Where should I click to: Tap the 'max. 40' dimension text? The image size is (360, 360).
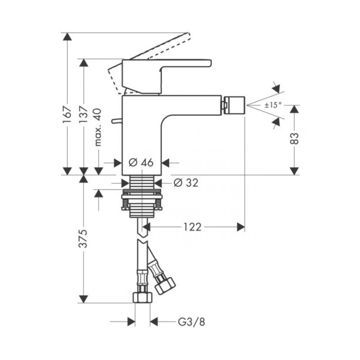tap(98, 127)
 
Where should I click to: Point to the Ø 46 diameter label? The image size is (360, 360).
tap(141, 163)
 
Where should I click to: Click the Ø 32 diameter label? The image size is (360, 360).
tap(186, 183)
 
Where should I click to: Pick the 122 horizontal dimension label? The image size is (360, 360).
tap(192, 227)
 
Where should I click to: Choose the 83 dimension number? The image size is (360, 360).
tap(295, 138)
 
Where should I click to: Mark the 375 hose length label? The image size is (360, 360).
tap(83, 238)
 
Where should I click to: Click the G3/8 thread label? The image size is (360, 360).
tap(191, 321)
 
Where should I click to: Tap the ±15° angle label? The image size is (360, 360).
tap(273, 105)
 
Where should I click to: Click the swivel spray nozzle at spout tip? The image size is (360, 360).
tap(233, 105)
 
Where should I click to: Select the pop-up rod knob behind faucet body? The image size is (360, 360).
tap(117, 121)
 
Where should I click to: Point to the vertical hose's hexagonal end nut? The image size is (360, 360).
tap(142, 297)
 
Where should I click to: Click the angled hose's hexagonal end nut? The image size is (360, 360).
tap(165, 285)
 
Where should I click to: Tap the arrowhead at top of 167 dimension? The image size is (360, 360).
tap(67, 37)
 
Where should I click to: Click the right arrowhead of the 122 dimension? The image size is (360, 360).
tap(241, 227)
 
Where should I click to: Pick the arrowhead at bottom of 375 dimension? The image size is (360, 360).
tap(83, 299)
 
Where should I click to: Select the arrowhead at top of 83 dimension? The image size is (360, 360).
tap(295, 109)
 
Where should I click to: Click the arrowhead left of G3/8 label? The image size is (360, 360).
tap(131, 321)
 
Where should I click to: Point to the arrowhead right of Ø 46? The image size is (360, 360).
tap(166, 163)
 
